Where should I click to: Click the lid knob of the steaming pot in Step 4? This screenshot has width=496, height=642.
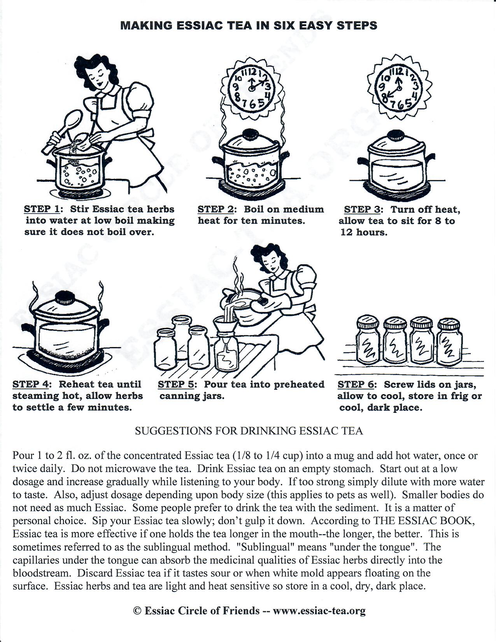click(65, 298)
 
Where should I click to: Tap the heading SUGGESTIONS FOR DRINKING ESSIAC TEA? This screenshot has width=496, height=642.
click(249, 431)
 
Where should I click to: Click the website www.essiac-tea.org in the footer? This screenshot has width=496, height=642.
click(319, 610)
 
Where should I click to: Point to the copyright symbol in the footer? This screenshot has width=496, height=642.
click(137, 610)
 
